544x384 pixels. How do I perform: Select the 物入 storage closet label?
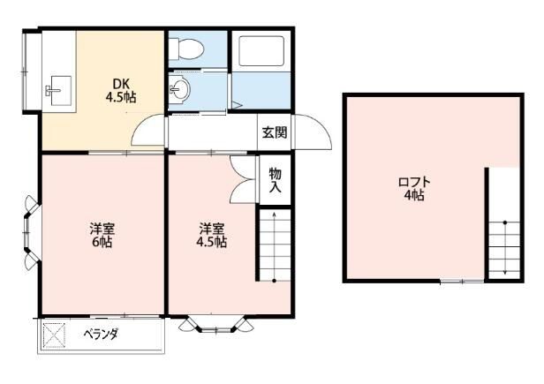pos(275,180)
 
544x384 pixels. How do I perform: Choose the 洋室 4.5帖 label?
pos(212,233)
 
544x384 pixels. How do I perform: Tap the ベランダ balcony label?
pos(101,335)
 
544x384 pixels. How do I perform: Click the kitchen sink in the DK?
pos(58,87)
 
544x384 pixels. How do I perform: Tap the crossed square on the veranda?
pos(55,335)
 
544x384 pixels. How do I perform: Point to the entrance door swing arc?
pos(314,133)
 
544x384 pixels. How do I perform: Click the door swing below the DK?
pos(147,134)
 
